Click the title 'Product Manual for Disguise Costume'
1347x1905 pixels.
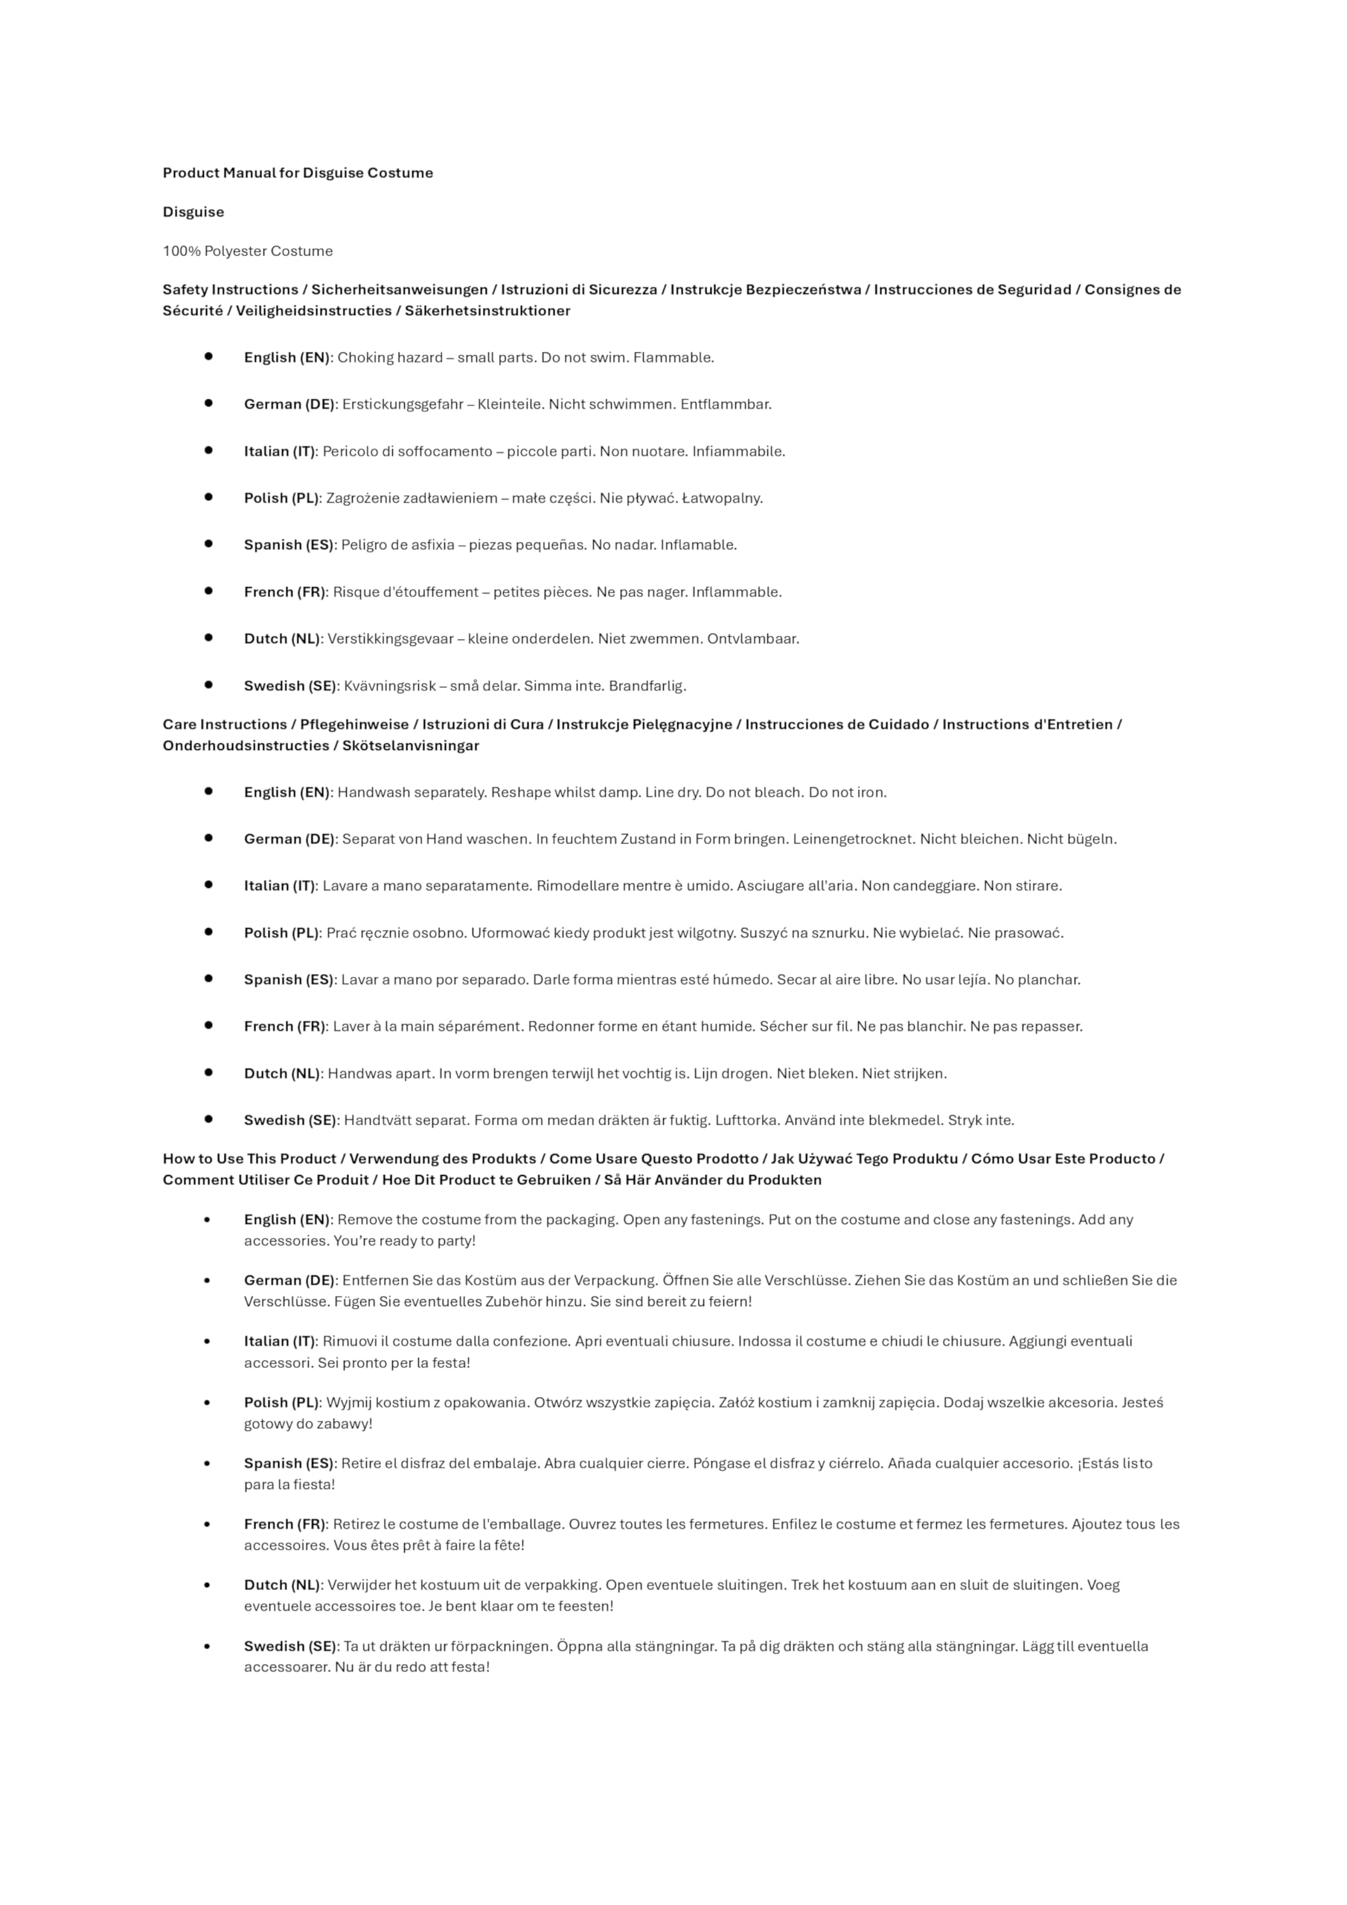point(297,173)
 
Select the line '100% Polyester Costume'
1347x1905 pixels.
point(247,251)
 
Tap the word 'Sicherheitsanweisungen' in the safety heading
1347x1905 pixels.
point(399,289)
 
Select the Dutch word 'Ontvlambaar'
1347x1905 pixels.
point(753,639)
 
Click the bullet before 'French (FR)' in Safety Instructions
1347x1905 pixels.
point(208,592)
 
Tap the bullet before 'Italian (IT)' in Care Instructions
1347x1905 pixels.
point(208,886)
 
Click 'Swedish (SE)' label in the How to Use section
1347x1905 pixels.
point(289,1645)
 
